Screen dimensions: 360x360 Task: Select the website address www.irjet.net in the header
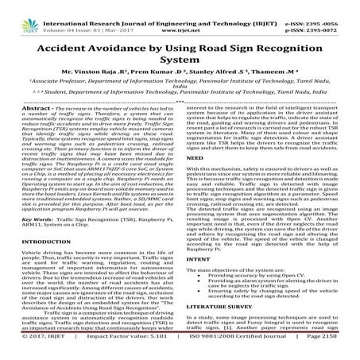coord(179,14)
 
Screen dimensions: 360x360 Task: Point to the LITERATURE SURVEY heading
coord(223,325)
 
